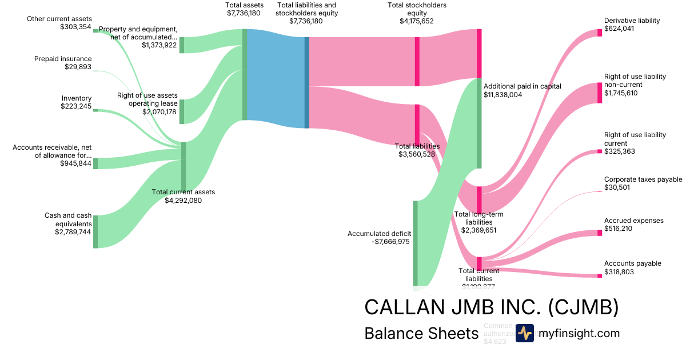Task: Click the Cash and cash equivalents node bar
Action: coord(95,231)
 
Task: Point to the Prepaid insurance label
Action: coord(63,59)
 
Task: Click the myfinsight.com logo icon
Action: coord(524,333)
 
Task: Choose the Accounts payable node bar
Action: coord(600,275)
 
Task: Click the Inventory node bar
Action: coord(95,110)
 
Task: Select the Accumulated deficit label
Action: coord(379,233)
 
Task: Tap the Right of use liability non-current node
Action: coord(600,93)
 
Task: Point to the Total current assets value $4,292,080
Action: coord(183,200)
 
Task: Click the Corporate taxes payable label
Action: coord(643,179)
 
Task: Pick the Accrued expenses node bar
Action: coord(600,233)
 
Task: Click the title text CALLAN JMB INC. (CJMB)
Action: coord(491,307)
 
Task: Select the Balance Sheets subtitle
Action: coord(421,333)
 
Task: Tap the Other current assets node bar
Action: coord(95,31)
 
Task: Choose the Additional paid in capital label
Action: coord(523,86)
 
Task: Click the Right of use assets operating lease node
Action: coord(182,111)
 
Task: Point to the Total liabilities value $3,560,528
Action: coord(417,154)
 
